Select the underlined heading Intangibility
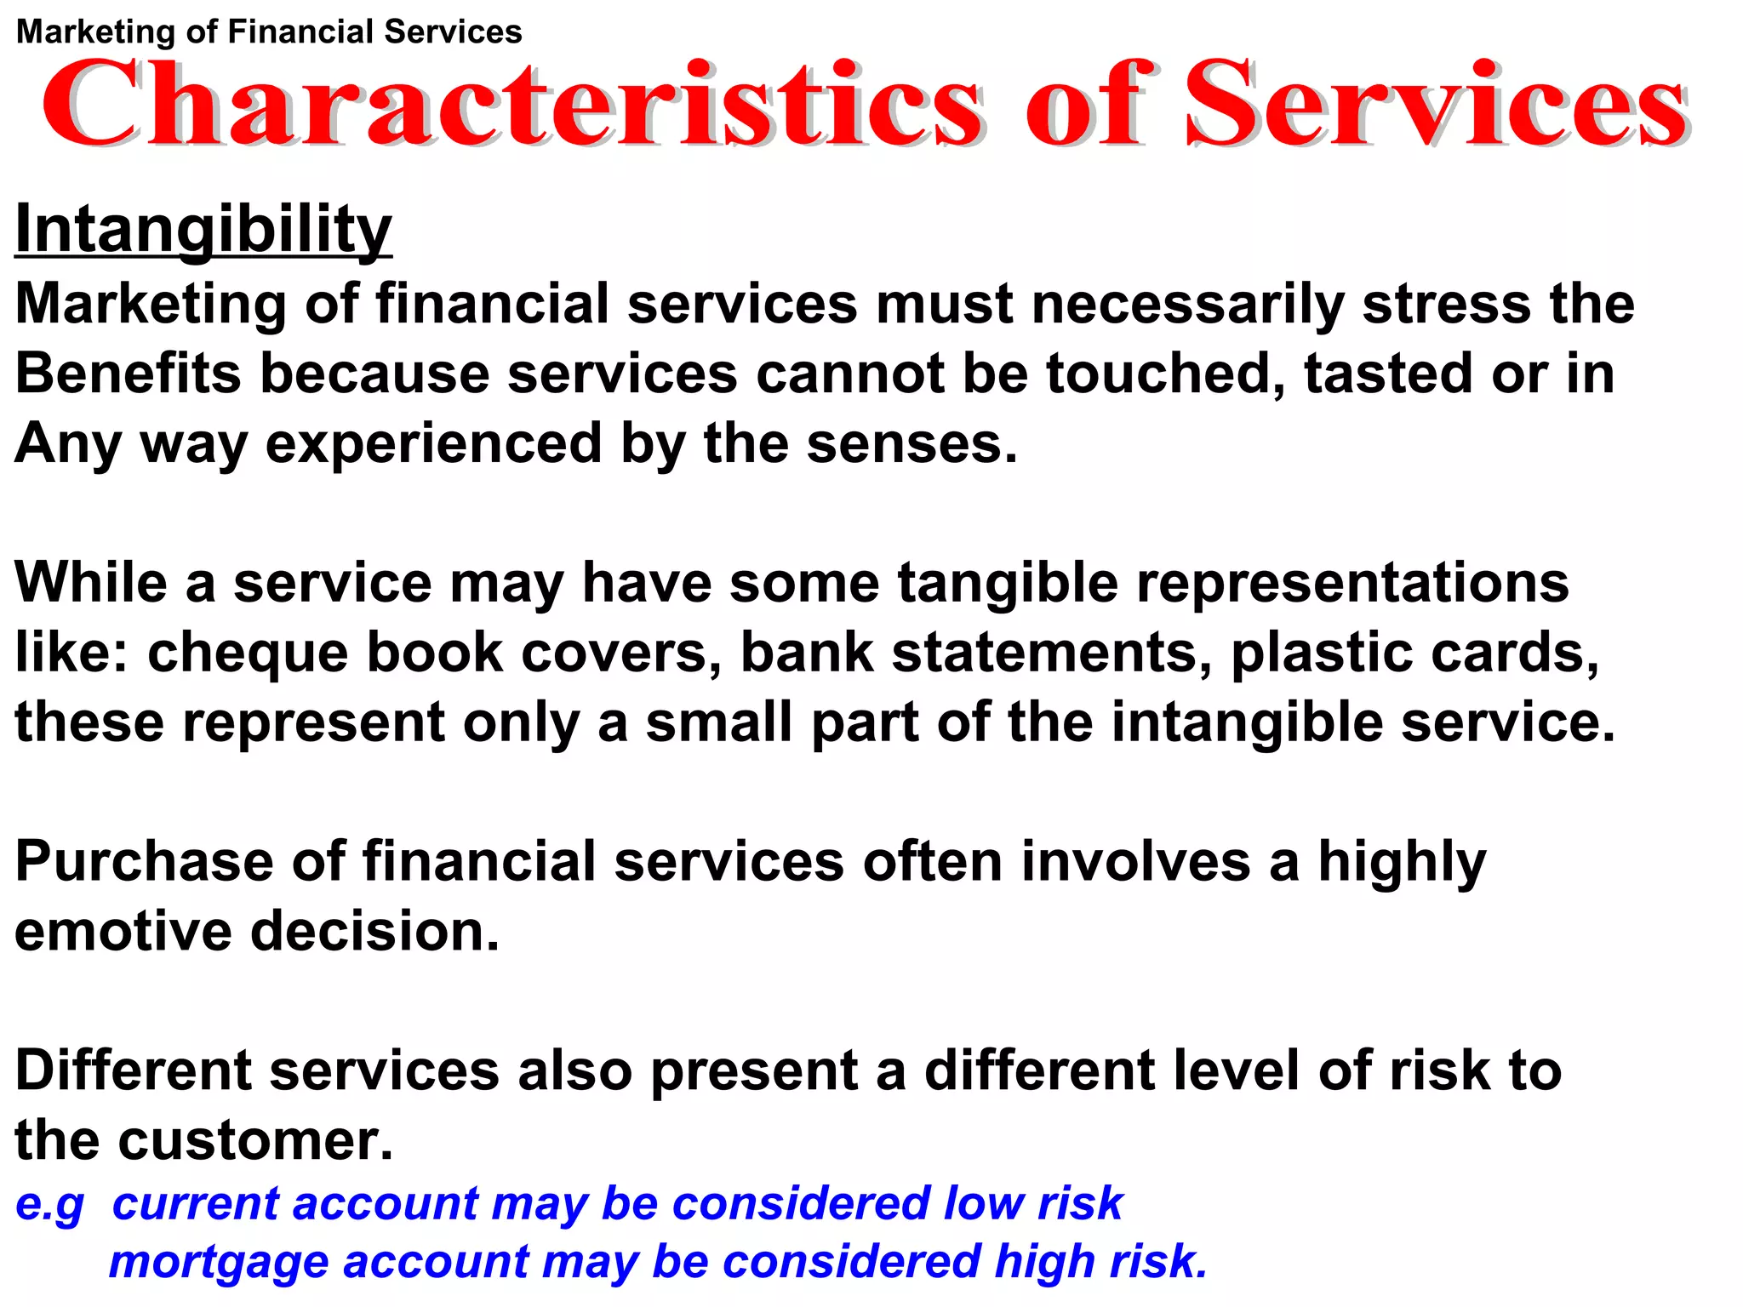[203, 229]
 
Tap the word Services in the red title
[1437, 104]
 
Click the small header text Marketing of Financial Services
[269, 32]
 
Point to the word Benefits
[128, 374]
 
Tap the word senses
[911, 443]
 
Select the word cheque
[248, 653]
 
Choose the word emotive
[123, 931]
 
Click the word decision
[374, 931]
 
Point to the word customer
[255, 1140]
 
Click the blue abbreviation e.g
[50, 1205]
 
